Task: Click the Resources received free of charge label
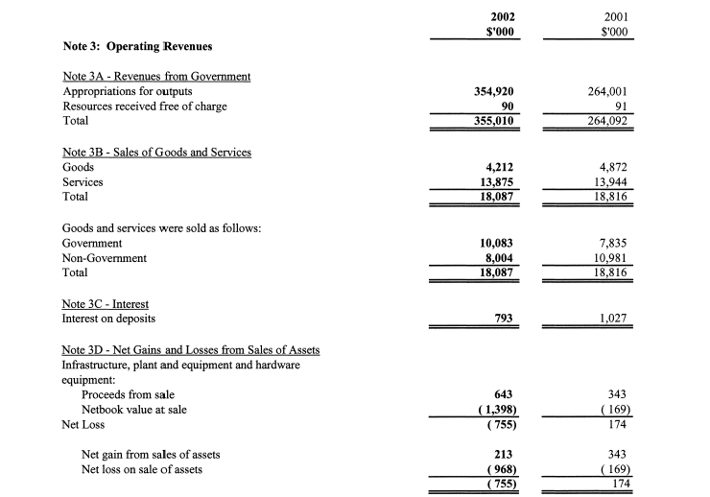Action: [x=144, y=106]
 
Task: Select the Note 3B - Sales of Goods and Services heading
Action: [x=156, y=153]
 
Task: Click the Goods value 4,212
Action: [x=504, y=168]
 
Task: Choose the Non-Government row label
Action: [x=105, y=258]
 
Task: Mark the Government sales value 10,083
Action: [x=500, y=244]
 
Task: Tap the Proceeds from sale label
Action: [x=128, y=394]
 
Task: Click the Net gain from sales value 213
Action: [x=505, y=455]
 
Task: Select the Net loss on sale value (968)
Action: [x=500, y=469]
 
